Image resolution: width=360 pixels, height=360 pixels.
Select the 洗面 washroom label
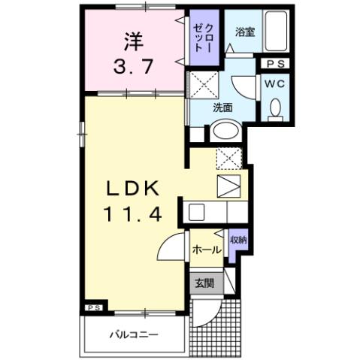[222, 107]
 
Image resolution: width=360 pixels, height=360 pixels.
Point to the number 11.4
[133, 214]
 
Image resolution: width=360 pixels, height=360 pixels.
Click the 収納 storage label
[238, 240]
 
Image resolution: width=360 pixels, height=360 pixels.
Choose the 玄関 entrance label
[204, 284]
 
